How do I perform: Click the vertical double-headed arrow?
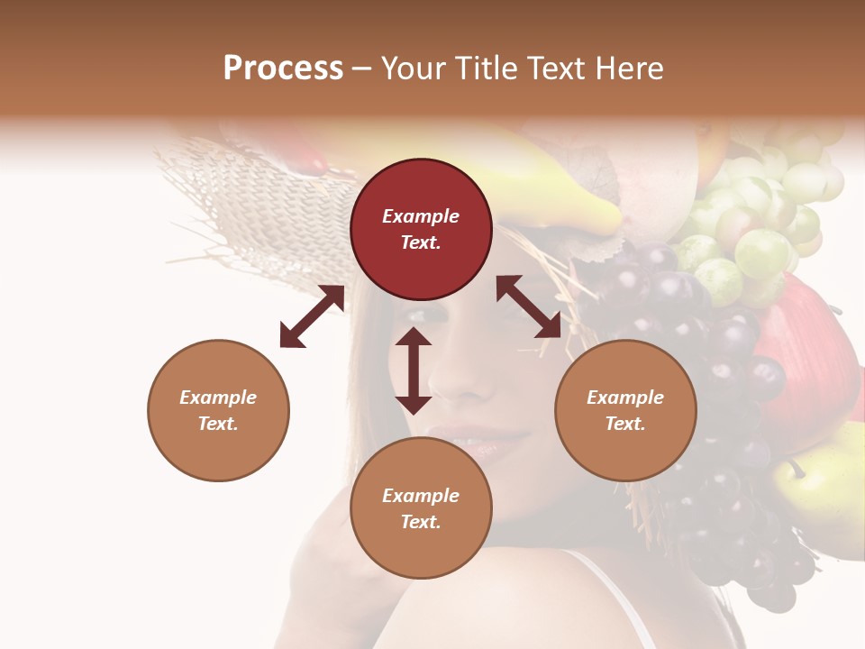[x=414, y=370]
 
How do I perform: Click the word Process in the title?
[x=283, y=68]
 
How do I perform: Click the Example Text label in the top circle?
[x=421, y=229]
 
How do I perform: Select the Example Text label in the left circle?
[x=218, y=410]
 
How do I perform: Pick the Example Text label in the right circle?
[x=625, y=410]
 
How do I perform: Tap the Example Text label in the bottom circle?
[x=421, y=508]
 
